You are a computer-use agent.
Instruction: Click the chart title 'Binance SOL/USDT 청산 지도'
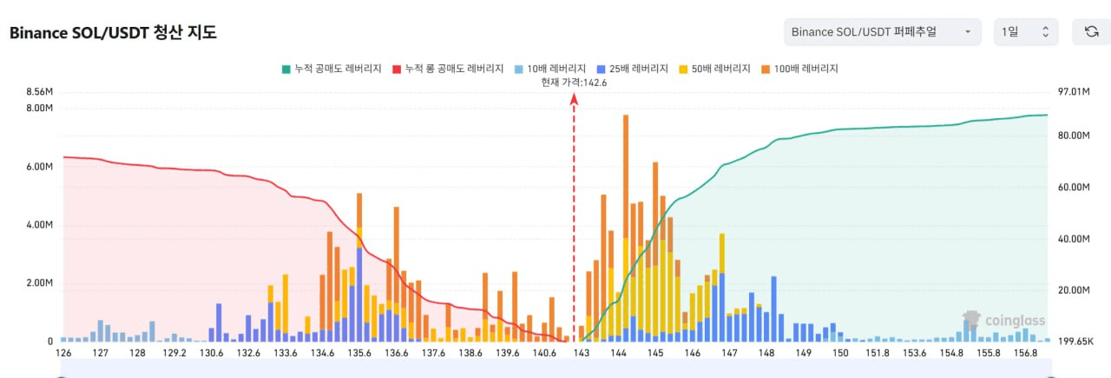113,33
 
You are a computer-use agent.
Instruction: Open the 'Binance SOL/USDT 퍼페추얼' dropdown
882,32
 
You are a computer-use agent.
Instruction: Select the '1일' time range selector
1025,32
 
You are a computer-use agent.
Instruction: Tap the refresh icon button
1091,32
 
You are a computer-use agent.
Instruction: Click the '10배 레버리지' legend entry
549,69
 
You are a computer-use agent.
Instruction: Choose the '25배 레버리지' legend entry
631,69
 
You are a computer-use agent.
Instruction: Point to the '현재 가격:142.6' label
574,83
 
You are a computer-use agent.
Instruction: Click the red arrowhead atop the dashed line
574,100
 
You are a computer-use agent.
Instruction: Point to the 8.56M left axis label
41,92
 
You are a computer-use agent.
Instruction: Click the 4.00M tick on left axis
41,225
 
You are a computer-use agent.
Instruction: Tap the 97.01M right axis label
1075,92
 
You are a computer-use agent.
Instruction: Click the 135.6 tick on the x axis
359,354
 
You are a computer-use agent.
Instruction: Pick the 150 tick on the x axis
840,354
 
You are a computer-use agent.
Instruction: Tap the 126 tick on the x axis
63,354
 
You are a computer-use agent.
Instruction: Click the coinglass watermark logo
1003,320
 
